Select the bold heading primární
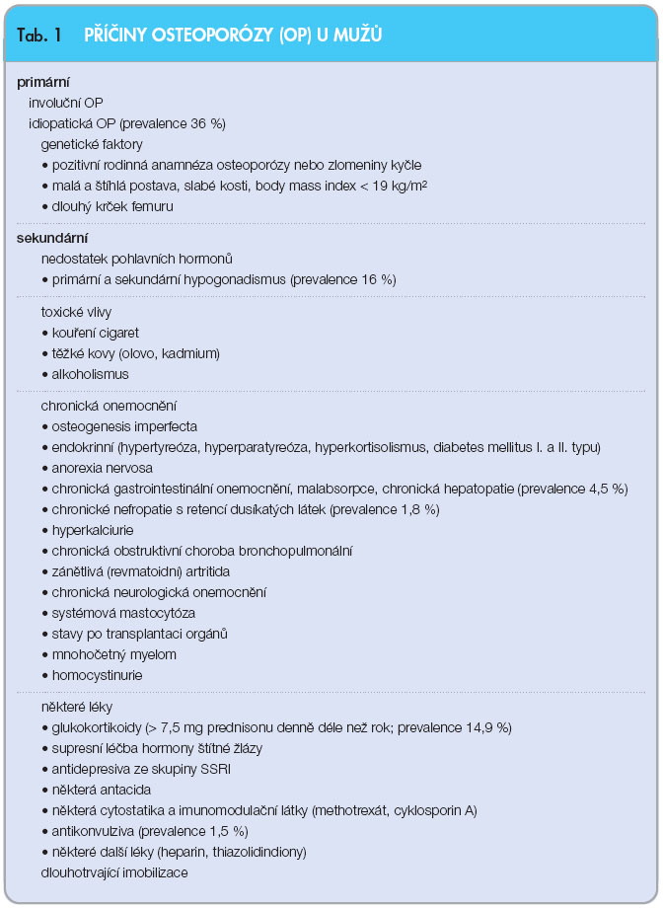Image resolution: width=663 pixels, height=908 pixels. click(x=43, y=82)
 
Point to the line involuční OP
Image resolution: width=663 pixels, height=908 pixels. click(x=66, y=103)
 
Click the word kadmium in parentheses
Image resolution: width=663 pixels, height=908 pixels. click(x=190, y=353)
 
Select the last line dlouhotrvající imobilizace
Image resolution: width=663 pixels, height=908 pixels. click(x=113, y=872)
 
